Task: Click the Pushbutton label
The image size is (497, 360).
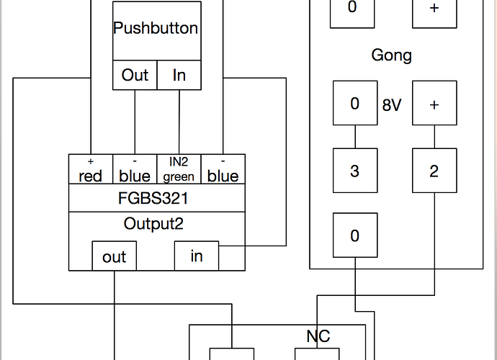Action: (x=156, y=29)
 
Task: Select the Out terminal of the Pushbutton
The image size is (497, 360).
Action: (x=135, y=75)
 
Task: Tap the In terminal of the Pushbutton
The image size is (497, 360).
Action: (x=179, y=75)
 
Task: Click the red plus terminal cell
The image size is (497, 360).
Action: (x=91, y=169)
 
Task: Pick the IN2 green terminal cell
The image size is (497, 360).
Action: (x=179, y=169)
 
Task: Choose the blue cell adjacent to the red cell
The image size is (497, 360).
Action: (x=135, y=169)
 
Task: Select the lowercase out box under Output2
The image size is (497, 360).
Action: (x=114, y=256)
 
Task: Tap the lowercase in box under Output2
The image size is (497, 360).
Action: (x=196, y=256)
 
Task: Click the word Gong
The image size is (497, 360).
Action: (x=392, y=55)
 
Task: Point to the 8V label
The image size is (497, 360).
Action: (x=392, y=104)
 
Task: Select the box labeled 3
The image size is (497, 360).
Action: (x=354, y=171)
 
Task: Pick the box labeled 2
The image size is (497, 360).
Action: (x=434, y=171)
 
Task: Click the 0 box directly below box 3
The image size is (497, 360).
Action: (x=354, y=235)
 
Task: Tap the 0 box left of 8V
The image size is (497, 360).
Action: (x=354, y=104)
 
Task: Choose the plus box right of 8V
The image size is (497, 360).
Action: (x=434, y=104)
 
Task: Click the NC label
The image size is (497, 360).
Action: (x=318, y=336)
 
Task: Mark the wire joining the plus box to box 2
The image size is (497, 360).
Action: (x=434, y=137)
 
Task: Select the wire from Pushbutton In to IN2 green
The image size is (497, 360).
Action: (x=179, y=122)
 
